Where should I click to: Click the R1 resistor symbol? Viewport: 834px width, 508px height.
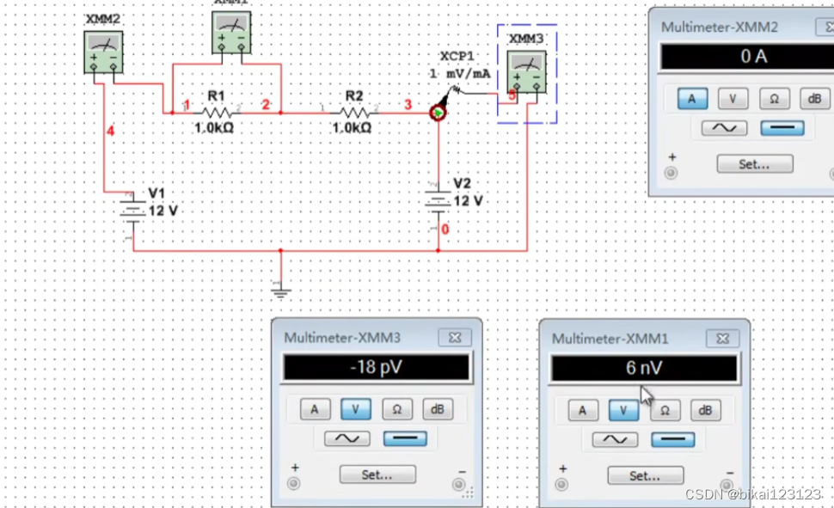217,112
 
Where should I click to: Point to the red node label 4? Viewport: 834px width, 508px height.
110,131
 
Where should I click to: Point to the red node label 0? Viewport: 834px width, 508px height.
445,230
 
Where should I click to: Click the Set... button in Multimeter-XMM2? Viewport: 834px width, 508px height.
754,163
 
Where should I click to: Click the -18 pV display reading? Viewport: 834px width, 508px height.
376,368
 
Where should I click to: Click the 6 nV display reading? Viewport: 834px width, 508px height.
644,368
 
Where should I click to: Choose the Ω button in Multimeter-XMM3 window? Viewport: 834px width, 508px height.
397,410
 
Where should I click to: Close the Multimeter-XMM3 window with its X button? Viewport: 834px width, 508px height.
455,338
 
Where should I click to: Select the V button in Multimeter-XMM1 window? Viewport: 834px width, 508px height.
624,410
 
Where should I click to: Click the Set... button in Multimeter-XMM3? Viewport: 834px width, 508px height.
377,474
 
